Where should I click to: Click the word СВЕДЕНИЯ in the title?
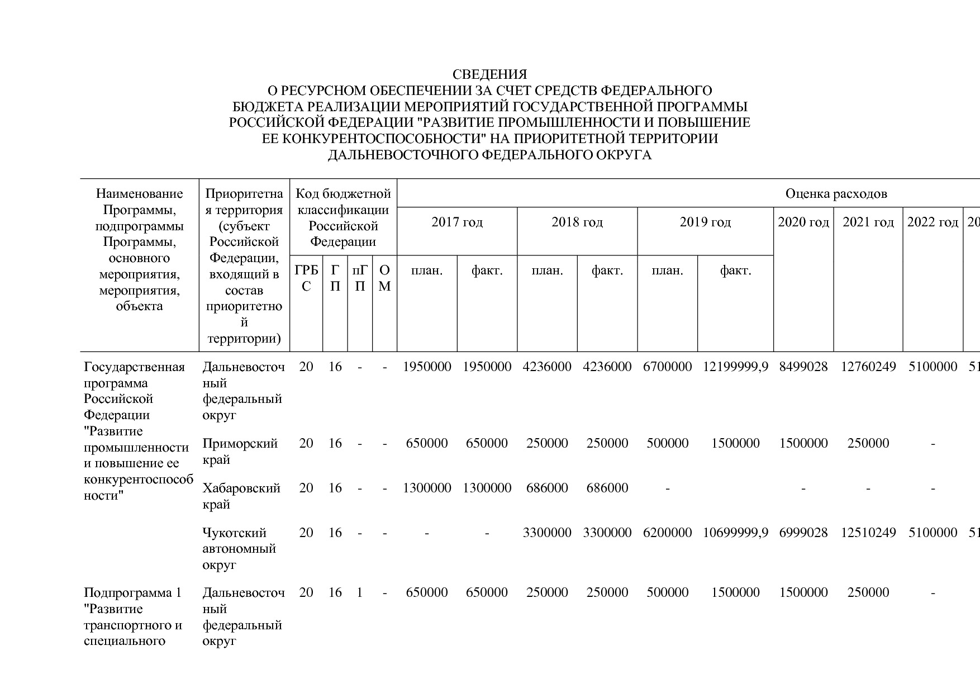[x=489, y=74]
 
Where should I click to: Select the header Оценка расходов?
[x=836, y=194]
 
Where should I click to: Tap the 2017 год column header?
[x=457, y=222]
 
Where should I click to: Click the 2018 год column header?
[x=577, y=222]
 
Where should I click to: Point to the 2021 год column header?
[x=868, y=222]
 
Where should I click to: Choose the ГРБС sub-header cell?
[x=306, y=278]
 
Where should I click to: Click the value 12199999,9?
[x=735, y=367]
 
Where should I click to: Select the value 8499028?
[x=803, y=367]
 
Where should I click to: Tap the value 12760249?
[x=868, y=367]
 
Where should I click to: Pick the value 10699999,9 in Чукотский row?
[x=735, y=533]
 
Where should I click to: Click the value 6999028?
[x=803, y=533]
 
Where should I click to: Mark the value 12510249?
[x=868, y=533]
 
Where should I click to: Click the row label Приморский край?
[x=240, y=451]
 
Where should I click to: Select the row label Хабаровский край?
[x=241, y=496]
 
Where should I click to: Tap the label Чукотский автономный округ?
[x=239, y=548]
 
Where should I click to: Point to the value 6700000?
[x=667, y=367]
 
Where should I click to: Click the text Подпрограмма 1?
[x=132, y=593]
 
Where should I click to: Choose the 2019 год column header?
[x=705, y=222]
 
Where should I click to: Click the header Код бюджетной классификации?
[x=343, y=218]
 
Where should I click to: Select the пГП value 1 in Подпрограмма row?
[x=360, y=593]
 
